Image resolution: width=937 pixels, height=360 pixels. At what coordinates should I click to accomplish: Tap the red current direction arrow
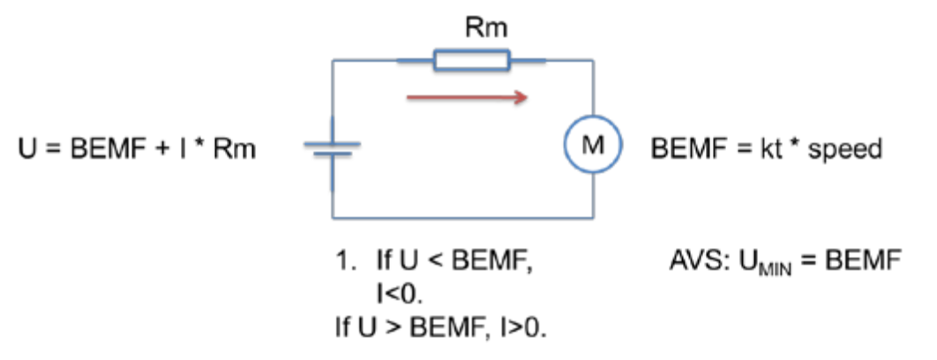[468, 99]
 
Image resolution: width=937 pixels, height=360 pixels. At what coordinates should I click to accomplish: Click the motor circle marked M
[592, 146]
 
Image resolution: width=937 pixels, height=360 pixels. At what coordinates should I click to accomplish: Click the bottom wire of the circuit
[459, 219]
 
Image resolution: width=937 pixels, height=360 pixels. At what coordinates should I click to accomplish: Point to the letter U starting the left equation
[25, 148]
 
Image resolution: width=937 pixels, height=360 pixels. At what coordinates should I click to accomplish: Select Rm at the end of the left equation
[232, 148]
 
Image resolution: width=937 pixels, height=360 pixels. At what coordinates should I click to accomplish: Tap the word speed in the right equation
[844, 148]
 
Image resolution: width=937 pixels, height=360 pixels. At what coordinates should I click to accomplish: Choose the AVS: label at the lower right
[698, 262]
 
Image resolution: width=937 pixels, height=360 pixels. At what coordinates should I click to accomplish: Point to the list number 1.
[343, 262]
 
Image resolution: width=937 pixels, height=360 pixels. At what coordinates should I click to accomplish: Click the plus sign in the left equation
[161, 148]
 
